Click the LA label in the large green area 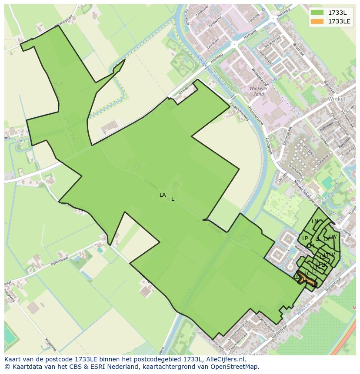pos(163,195)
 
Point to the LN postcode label pos(315,222)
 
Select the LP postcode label pos(305,238)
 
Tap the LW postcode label pos(333,237)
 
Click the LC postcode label pos(307,274)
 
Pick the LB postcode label pos(314,285)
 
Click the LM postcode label pos(310,246)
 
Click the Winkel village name pos(337,99)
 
